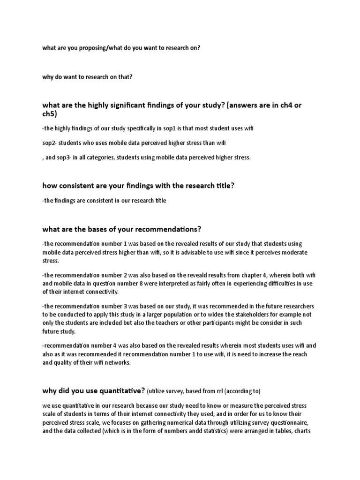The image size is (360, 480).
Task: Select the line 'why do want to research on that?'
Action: (87, 77)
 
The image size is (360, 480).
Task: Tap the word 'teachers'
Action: (177, 323)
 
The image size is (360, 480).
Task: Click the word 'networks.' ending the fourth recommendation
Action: (114, 362)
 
